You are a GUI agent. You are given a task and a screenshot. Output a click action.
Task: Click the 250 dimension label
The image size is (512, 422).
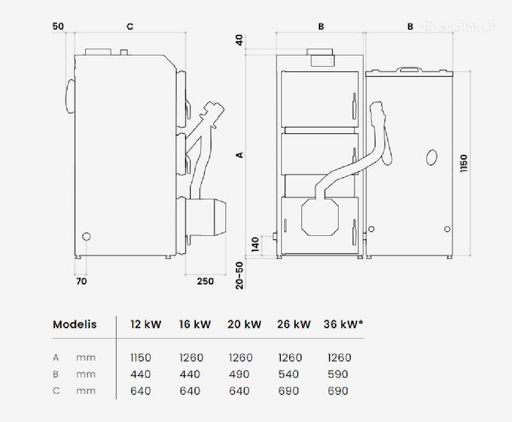point(205,281)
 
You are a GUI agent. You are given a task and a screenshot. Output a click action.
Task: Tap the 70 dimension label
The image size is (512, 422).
point(81,281)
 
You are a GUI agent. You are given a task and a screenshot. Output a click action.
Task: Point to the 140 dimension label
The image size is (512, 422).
point(256,244)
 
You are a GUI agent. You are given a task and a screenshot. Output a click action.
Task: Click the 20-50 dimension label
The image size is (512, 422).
point(240,275)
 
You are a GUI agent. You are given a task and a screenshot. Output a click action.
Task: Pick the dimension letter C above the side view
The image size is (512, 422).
point(130,26)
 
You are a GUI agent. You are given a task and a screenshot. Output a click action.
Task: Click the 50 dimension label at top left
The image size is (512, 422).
point(58,26)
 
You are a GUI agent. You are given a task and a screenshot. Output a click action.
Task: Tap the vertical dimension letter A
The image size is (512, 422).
point(240,154)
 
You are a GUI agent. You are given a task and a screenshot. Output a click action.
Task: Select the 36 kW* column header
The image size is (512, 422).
point(344,324)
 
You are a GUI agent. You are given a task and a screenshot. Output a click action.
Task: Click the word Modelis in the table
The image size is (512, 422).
point(75,324)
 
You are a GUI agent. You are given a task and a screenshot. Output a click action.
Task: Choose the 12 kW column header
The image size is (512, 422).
point(146,324)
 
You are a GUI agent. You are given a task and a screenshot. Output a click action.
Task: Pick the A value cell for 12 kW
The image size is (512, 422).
point(141,358)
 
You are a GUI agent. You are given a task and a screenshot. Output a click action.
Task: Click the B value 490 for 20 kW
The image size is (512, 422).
point(239,374)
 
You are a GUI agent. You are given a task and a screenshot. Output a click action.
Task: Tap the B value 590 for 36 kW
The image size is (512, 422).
point(338,374)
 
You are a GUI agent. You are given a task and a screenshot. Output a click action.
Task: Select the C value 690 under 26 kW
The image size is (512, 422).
point(289,391)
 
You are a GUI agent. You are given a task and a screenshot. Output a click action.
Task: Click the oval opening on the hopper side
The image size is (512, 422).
point(432,157)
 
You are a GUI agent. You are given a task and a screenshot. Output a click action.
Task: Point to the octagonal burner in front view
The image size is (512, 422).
point(320,217)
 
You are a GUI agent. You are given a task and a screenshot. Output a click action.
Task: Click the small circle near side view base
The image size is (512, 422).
point(86,236)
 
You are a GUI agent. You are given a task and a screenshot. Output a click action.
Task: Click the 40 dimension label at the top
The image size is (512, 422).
point(240,40)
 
